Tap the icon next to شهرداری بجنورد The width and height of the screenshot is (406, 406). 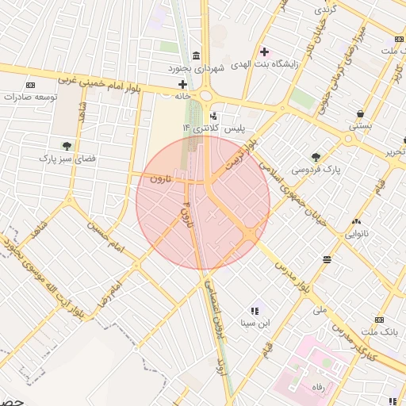pyautogui.click(x=196, y=55)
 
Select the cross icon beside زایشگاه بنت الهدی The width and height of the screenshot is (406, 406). pyautogui.click(x=265, y=52)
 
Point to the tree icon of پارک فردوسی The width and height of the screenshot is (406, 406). pyautogui.click(x=316, y=157)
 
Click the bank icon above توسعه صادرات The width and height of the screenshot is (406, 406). pyautogui.click(x=31, y=85)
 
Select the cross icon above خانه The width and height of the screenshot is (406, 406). pyautogui.click(x=183, y=84)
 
